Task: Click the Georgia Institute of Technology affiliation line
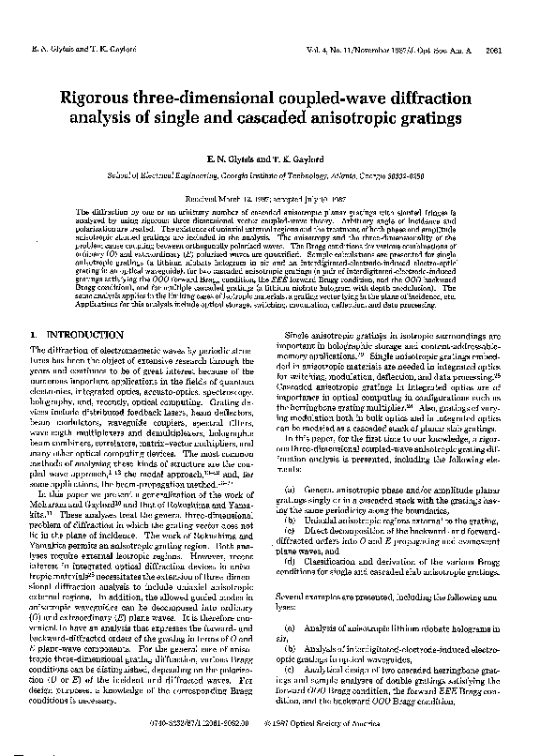point(270,175)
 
